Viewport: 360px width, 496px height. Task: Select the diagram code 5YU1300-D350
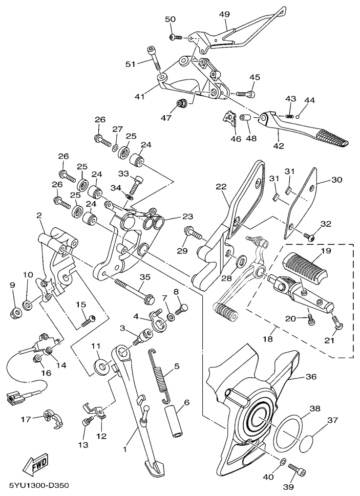click(x=39, y=484)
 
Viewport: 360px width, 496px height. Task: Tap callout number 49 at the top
click(x=224, y=14)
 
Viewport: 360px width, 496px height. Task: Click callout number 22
click(x=221, y=188)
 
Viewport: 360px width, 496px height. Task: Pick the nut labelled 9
click(x=15, y=311)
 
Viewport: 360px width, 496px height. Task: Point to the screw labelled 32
click(x=309, y=236)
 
